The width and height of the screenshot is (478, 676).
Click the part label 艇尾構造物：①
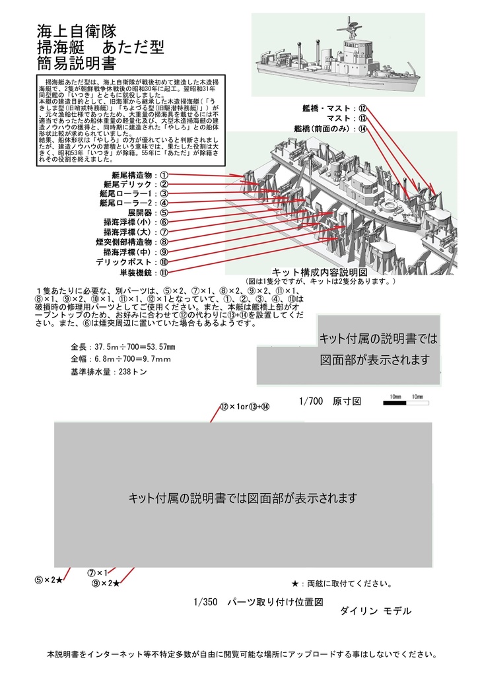pyautogui.click(x=131, y=175)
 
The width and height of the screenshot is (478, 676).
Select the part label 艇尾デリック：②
pyautogui.click(x=131, y=185)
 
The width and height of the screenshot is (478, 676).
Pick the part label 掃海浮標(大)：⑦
pyautogui.click(x=135, y=232)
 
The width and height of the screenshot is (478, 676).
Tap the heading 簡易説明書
pyautogui.click(x=77, y=63)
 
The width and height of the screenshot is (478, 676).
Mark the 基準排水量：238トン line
pyautogui.click(x=108, y=372)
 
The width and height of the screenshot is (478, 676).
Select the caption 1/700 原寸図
pyautogui.click(x=329, y=401)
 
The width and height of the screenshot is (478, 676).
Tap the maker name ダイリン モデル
pyautogui.click(x=375, y=611)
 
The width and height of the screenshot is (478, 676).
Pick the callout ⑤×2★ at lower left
pyautogui.click(x=49, y=580)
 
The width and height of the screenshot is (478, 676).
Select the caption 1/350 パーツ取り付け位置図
pyautogui.click(x=259, y=602)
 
